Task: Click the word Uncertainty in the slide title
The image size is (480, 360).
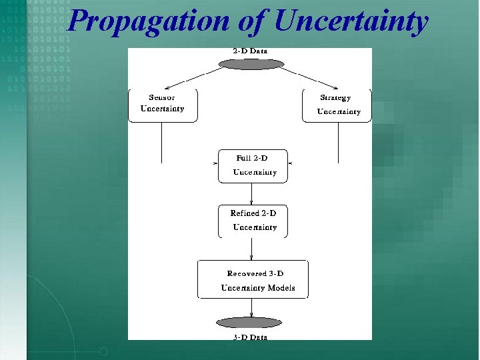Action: point(351,21)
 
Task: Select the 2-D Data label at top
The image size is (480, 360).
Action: point(250,51)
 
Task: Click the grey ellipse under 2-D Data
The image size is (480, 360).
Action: point(251,64)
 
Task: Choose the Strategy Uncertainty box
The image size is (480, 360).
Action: point(337,105)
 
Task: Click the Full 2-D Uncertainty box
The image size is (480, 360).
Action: point(253,165)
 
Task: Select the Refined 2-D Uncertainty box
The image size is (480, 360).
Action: point(253,221)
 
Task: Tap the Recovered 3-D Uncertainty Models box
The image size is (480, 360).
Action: point(253,280)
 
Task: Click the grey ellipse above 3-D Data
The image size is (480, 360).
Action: point(249,323)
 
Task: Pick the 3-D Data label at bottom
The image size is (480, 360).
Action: point(250,337)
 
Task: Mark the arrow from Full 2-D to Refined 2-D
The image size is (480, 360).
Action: point(251,194)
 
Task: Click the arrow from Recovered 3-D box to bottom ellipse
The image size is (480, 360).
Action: point(251,308)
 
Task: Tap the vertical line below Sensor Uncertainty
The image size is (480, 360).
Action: point(162,143)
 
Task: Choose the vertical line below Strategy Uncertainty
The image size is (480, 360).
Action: point(338,143)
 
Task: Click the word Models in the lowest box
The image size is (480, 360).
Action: point(281,288)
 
